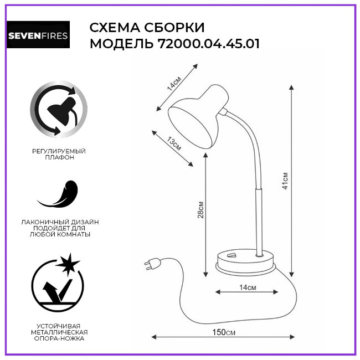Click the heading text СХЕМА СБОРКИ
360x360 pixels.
[x=147, y=28]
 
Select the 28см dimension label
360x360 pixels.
[x=201, y=210]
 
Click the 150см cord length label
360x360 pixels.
[x=224, y=332]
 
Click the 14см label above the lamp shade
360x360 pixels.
[x=175, y=84]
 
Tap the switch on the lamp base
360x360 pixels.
[x=231, y=255]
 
